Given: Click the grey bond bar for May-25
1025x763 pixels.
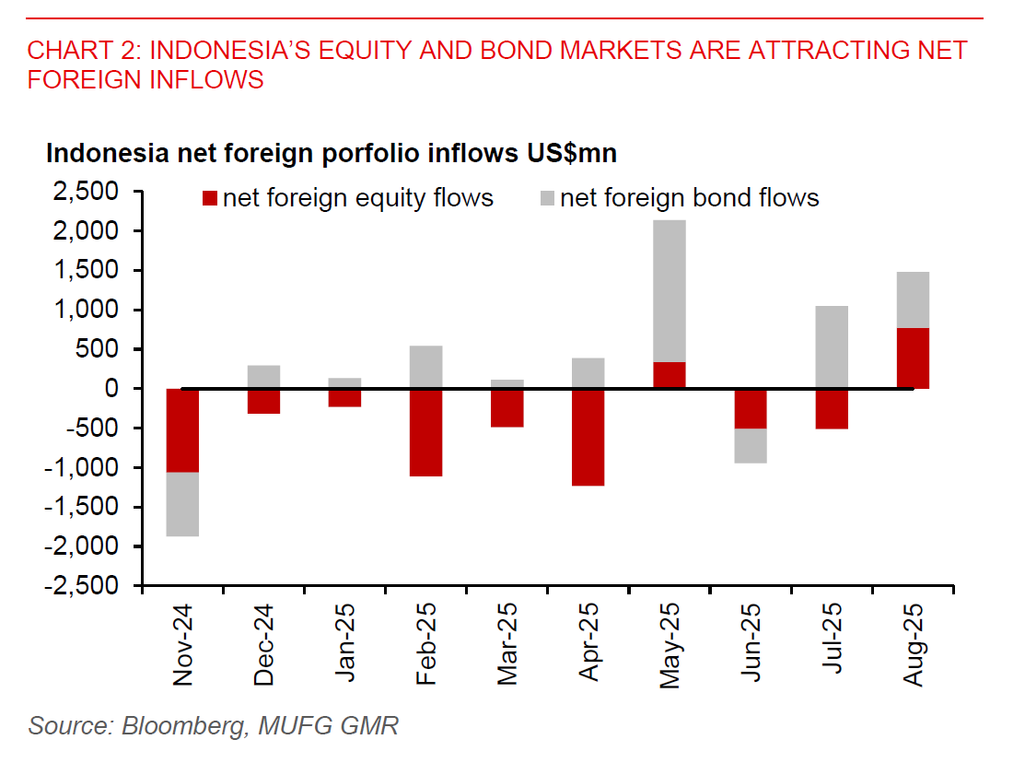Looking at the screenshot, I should [670, 291].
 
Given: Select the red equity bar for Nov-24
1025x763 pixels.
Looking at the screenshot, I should [182, 430].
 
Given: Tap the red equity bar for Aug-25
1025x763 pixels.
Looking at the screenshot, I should [913, 358].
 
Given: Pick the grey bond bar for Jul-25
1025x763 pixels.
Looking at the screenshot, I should [832, 346].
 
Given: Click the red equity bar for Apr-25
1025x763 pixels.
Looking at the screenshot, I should [588, 437].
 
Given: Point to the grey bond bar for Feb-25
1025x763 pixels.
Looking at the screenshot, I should [425, 367].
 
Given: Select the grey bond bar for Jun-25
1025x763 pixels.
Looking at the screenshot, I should [751, 446].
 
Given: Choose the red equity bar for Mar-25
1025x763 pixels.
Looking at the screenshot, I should [507, 408].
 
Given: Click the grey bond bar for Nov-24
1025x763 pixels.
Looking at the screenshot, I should [182, 504].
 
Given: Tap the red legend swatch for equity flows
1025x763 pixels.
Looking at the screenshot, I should [210, 198].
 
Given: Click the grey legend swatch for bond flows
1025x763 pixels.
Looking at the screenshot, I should [547, 198].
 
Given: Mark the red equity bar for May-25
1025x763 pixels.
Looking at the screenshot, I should [670, 375].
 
